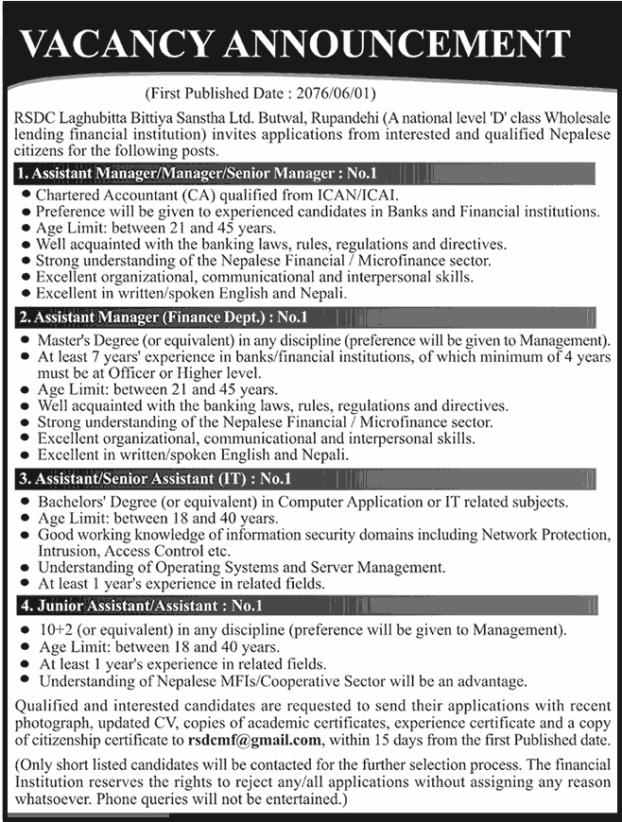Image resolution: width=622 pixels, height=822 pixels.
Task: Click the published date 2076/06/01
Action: [340, 95]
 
